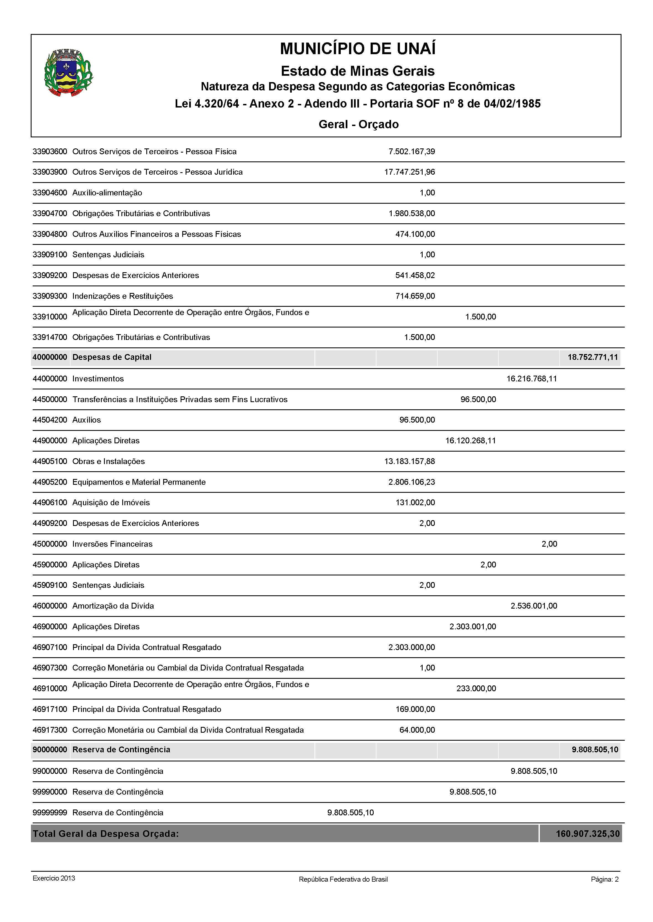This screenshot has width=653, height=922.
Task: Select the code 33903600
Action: (50, 151)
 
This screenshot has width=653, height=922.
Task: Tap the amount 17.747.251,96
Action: (409, 172)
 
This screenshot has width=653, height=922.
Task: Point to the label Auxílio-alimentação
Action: (107, 193)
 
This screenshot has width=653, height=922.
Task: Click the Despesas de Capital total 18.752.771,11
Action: (593, 357)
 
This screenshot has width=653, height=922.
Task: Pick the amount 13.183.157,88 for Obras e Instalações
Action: (409, 461)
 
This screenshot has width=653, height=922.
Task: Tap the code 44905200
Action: (50, 482)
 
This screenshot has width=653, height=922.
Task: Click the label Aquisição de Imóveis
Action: (111, 502)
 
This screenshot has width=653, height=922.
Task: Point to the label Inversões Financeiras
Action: (112, 544)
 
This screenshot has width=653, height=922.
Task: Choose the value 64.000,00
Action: (417, 730)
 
